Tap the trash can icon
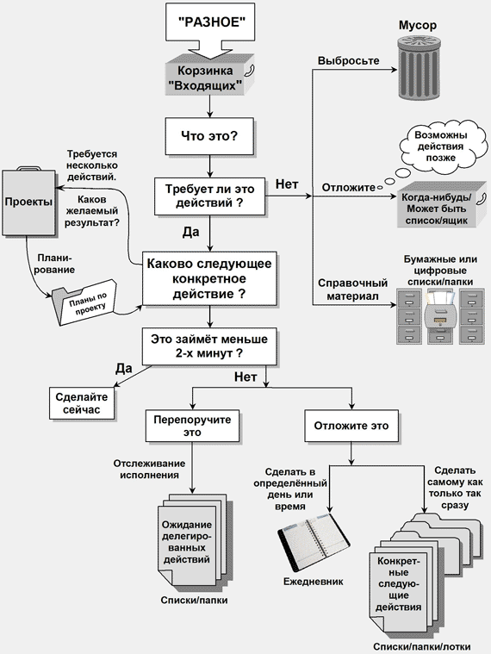coord(419,66)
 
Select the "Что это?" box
coord(209,136)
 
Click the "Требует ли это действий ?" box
coord(209,196)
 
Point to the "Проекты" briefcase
coord(28,202)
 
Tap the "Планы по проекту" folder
coord(84,303)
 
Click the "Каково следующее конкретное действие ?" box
coord(209,278)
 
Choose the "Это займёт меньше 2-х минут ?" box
coord(209,346)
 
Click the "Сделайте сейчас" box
coord(82,403)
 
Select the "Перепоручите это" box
coord(192,426)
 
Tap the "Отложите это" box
coord(351,426)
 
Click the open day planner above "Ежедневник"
coord(314,542)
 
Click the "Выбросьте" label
coord(349,60)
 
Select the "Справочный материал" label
coord(352,290)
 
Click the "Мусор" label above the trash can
coord(418,25)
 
